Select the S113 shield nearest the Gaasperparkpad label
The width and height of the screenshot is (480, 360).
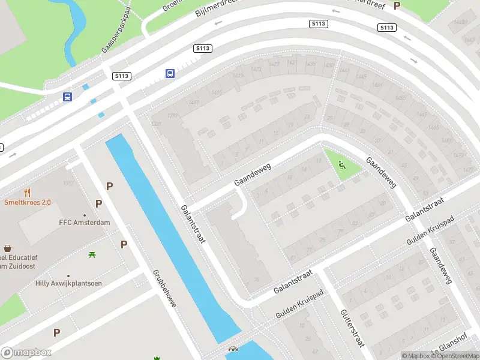click(122, 76)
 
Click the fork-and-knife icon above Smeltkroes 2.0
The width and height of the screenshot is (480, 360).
click(27, 193)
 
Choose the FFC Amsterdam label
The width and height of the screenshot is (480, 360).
click(84, 223)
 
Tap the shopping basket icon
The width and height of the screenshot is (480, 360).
click(8, 248)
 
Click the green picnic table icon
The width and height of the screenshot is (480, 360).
click(92, 255)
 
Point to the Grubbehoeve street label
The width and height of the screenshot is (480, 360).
click(163, 288)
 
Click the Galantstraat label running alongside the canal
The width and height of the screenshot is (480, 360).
click(193, 224)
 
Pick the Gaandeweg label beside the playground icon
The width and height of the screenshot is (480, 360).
click(381, 173)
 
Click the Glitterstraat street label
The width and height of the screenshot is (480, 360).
click(352, 329)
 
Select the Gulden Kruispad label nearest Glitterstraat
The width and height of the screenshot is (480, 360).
click(300, 306)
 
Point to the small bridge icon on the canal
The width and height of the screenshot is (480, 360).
click(232, 349)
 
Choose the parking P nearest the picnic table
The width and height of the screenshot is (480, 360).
click(124, 244)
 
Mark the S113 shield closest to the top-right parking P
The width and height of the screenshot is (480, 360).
click(387, 28)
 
